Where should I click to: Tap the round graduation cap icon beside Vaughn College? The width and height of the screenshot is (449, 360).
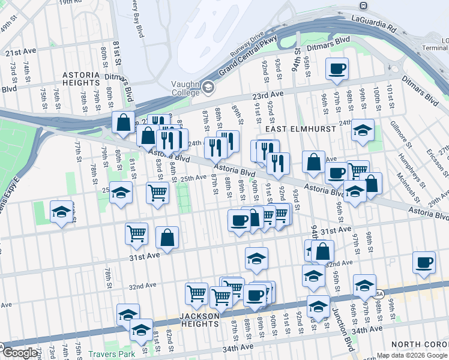point(208,88)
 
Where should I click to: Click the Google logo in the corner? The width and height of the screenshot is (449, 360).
point(20,353)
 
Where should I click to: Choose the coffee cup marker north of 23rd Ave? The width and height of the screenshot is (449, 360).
point(337,68)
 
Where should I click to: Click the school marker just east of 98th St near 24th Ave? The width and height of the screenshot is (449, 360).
point(363,130)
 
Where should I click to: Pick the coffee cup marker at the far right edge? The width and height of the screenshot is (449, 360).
point(424,262)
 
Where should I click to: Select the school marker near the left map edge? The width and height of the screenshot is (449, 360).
point(61,212)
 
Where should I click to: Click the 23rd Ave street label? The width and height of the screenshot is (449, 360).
point(268,95)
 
